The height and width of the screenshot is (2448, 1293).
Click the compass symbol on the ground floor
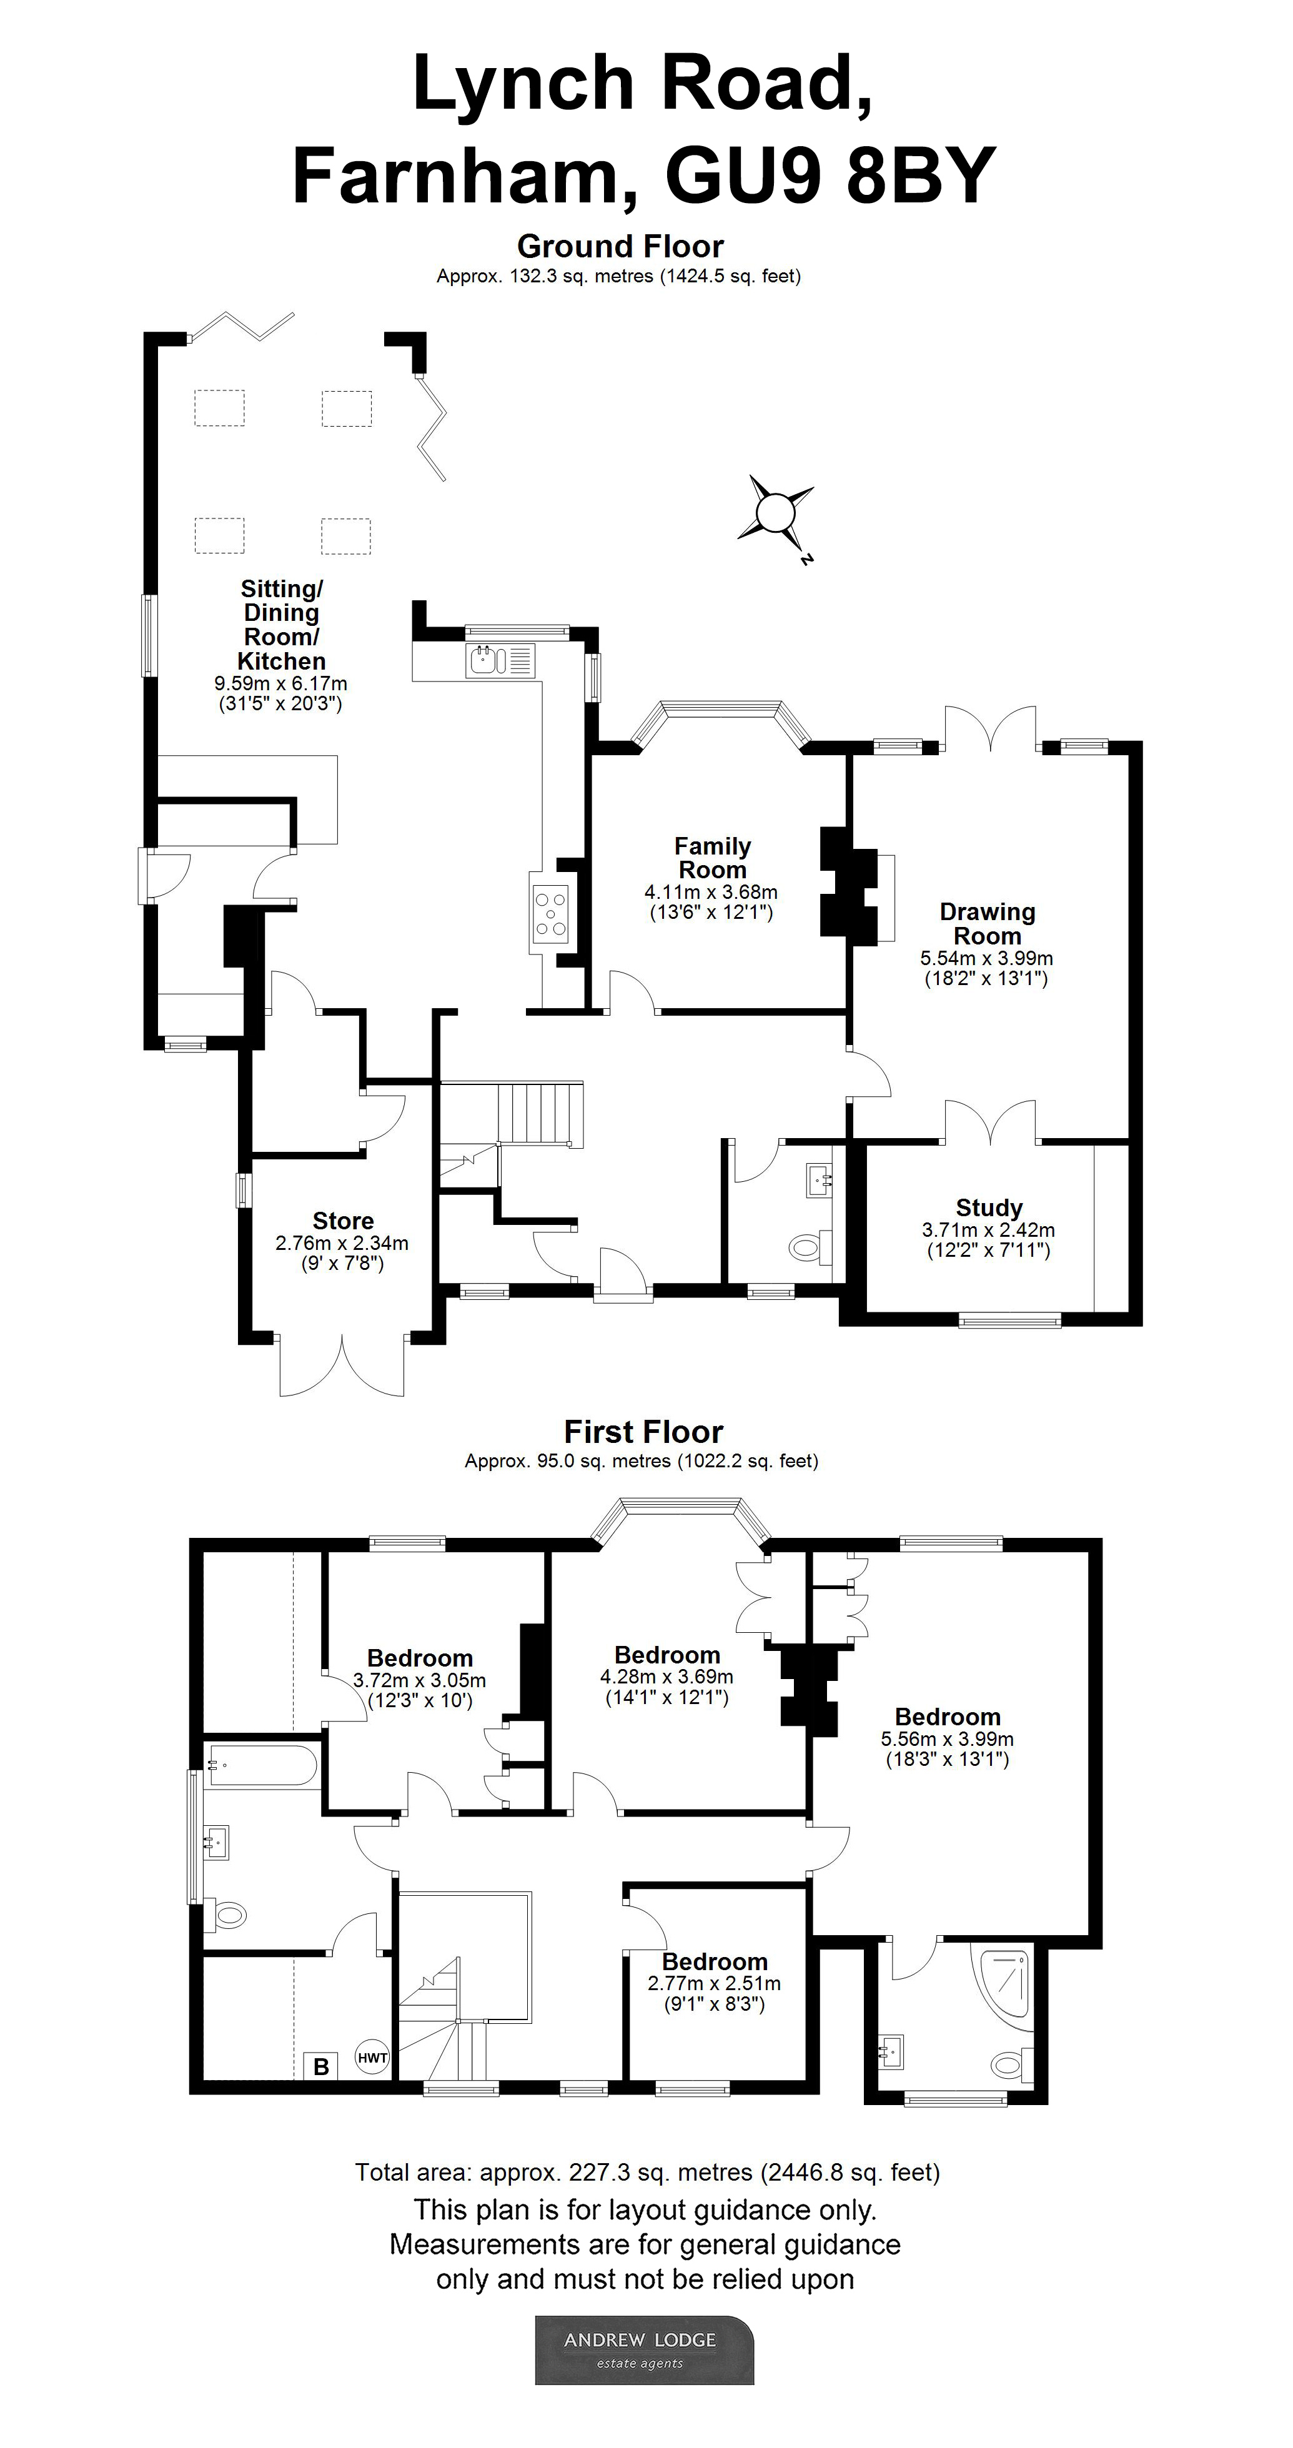point(775,514)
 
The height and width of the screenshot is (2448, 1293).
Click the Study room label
point(989,1208)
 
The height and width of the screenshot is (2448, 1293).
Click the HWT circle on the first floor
point(372,2058)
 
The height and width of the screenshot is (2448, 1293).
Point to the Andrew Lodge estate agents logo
point(644,2350)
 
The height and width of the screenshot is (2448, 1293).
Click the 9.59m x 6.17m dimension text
point(280,684)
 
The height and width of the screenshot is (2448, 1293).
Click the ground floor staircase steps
point(538,1114)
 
